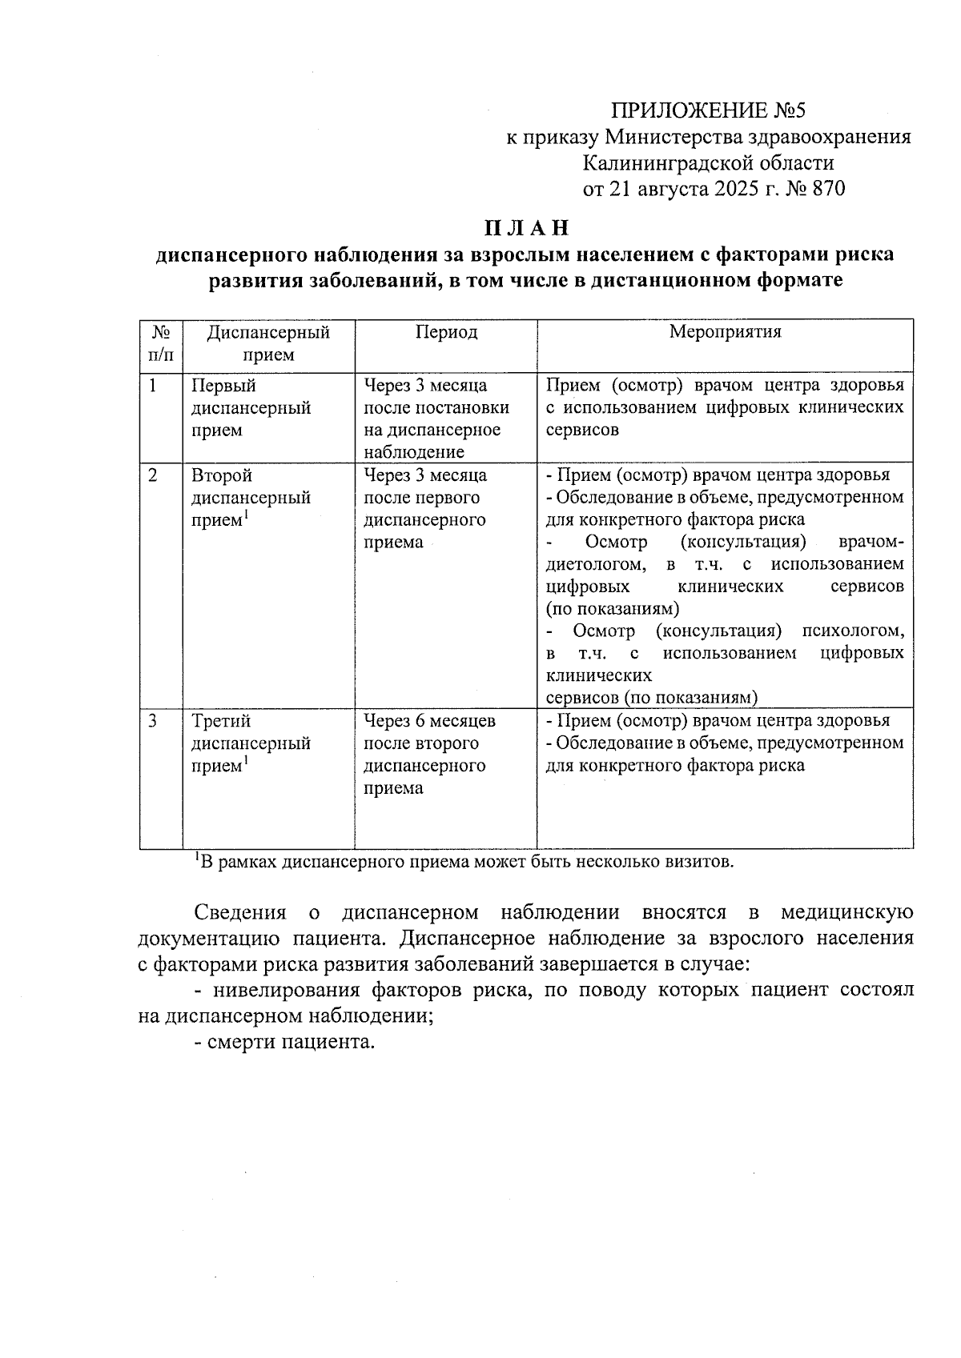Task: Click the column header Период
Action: (446, 332)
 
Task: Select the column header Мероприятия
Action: (725, 331)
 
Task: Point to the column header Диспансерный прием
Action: (268, 343)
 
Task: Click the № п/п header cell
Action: (161, 343)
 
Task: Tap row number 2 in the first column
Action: (153, 475)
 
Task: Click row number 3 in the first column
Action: (153, 721)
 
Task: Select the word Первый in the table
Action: (223, 386)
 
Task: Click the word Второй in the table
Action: (222, 475)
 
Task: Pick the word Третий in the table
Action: (221, 721)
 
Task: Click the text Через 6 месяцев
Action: (430, 721)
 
